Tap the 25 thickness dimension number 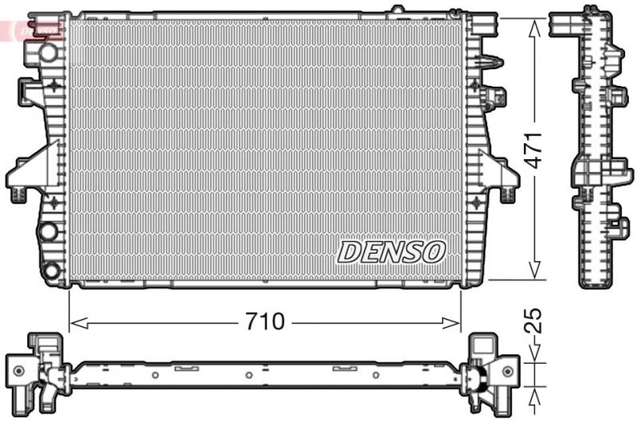tap(536, 320)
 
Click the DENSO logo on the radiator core tap(390, 251)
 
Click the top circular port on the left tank tap(49, 53)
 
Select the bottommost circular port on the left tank tap(52, 271)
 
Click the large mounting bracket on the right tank tap(498, 169)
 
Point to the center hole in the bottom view tap(249, 374)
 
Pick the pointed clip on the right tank tap(492, 62)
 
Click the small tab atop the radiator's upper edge tap(397, 11)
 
